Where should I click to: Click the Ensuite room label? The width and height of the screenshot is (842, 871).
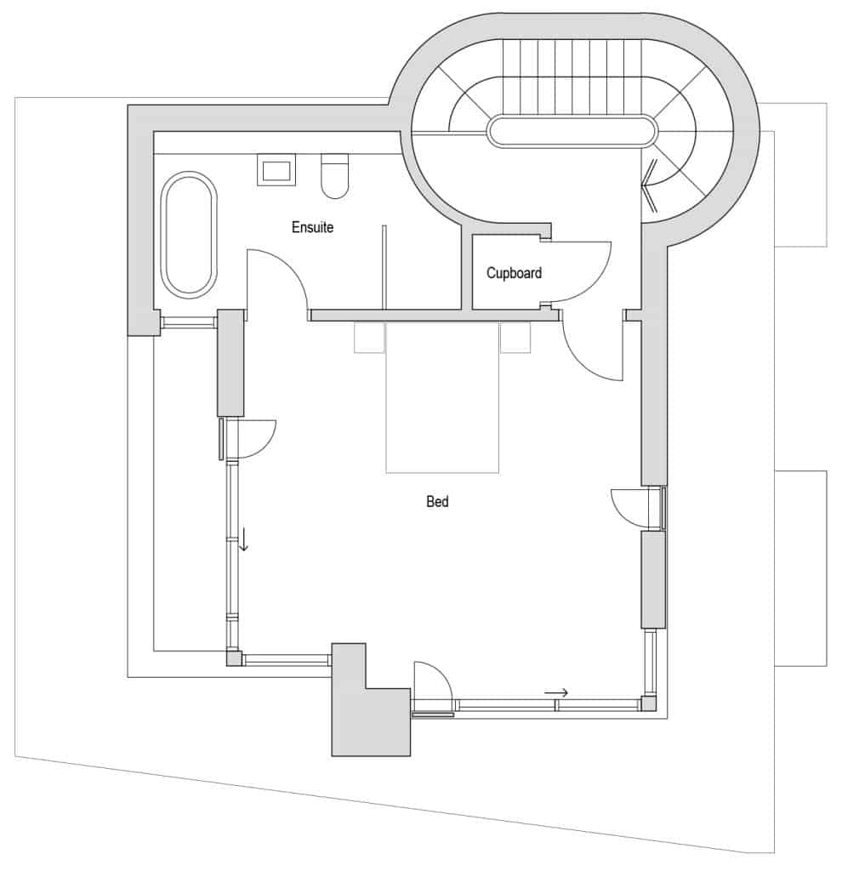point(312,227)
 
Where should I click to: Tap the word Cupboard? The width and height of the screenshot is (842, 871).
point(514,273)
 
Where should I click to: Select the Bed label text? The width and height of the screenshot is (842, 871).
point(437,502)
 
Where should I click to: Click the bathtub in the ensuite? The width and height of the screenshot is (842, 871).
point(189,234)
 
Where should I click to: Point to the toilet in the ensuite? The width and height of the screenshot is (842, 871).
point(334,175)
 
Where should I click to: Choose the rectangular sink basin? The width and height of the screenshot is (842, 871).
point(276,170)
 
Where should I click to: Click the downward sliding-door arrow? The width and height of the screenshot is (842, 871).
point(242,538)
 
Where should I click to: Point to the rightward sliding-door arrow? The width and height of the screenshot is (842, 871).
point(556,692)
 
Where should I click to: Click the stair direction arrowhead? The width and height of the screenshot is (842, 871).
point(649,185)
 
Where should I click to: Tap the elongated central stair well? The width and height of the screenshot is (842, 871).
point(572,131)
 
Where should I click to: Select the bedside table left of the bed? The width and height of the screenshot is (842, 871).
point(369,338)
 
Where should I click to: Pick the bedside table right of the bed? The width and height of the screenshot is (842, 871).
point(515,337)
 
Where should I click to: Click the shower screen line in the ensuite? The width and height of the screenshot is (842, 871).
point(384,267)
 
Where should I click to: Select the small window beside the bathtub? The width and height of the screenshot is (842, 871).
point(189,321)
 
